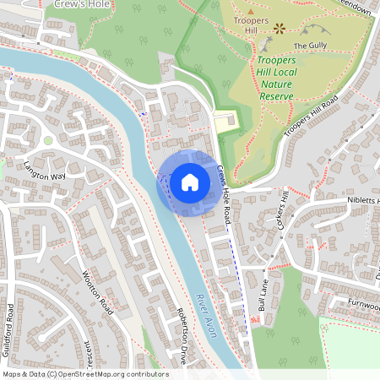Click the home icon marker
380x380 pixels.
pos(189,182)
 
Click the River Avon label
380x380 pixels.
pos(206,316)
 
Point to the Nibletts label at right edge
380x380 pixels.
pos(363,201)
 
